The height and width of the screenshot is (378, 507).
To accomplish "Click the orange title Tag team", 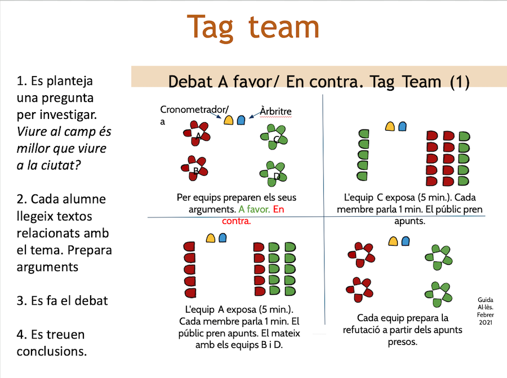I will [253, 26].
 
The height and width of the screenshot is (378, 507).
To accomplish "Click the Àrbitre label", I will [275, 111].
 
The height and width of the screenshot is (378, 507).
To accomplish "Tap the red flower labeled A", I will [197, 135].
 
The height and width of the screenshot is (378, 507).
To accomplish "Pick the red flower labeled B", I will [194, 169].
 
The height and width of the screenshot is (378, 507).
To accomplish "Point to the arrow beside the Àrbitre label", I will [253, 114].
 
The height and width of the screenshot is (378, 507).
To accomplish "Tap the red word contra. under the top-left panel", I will [236, 221].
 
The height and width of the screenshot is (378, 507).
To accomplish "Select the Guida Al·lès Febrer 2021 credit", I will [485, 311].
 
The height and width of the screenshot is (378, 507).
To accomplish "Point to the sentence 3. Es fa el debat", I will [62, 301].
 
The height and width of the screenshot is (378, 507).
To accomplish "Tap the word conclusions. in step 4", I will [52, 352].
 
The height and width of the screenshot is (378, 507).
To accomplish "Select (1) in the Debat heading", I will [460, 82].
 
